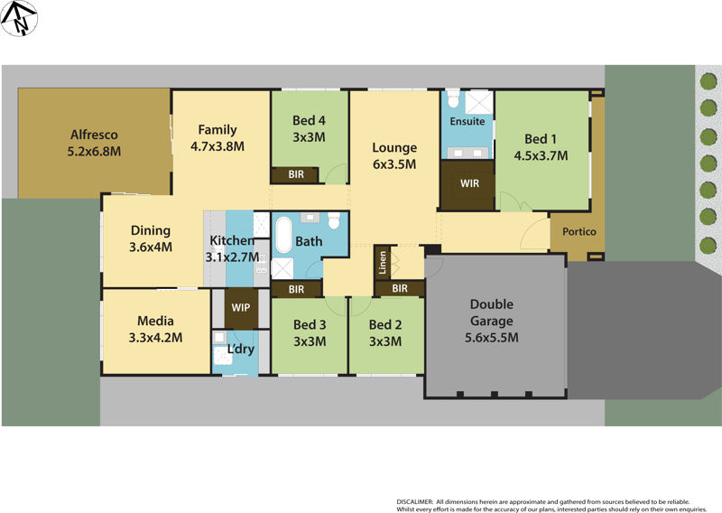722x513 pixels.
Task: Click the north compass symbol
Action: tap(19, 18)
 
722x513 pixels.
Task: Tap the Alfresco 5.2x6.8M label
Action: tap(95, 144)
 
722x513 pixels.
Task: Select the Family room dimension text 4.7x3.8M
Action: tap(218, 145)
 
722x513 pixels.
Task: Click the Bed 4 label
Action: tap(309, 120)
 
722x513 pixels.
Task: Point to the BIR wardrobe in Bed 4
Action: tap(295, 174)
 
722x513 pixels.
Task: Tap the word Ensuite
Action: tap(467, 121)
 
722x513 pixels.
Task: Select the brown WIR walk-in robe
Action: tap(468, 184)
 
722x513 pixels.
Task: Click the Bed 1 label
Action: tap(541, 139)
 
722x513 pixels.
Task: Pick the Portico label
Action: tap(579, 232)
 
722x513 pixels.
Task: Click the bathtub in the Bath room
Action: tap(283, 237)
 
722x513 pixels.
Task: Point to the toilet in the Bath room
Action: tap(334, 221)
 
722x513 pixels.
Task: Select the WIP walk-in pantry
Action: tap(241, 307)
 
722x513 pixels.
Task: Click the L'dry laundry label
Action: tap(240, 350)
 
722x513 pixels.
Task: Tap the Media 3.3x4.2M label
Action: tap(155, 330)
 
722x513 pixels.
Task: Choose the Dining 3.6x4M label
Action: tap(151, 238)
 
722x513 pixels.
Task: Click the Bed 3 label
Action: tap(310, 332)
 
